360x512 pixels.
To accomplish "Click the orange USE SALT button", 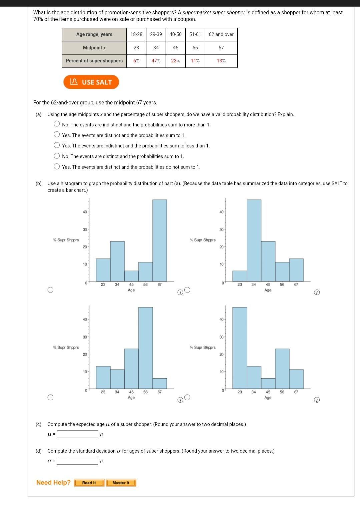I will pyautogui.click(x=91, y=82).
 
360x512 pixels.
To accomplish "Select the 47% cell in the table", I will pyautogui.click(x=156, y=61).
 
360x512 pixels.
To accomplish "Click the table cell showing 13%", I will pyautogui.click(x=221, y=61).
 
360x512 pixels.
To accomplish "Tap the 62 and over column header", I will pyautogui.click(x=221, y=34).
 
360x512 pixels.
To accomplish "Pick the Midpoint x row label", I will pyautogui.click(x=94, y=48).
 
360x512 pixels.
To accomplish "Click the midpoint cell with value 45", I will pyautogui.click(x=175, y=48).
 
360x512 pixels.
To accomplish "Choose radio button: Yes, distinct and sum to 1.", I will pyautogui.click(x=57, y=135).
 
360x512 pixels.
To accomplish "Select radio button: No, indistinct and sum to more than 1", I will pyautogui.click(x=57, y=124).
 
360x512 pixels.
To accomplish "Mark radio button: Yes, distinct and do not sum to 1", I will pyautogui.click(x=57, y=167).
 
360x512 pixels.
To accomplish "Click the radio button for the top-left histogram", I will pyautogui.click(x=50, y=290).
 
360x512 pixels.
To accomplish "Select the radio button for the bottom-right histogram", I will pyautogui.click(x=187, y=397).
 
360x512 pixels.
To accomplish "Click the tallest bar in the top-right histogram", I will pyautogui.click(x=254, y=240).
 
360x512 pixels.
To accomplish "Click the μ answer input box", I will pyautogui.click(x=77, y=434).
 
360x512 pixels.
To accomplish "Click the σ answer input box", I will pyautogui.click(x=77, y=461).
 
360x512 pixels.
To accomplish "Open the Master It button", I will pyautogui.click(x=121, y=483).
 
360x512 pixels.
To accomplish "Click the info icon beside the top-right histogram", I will pyautogui.click(x=317, y=293).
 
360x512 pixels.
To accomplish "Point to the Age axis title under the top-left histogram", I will pyautogui.click(x=131, y=290).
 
